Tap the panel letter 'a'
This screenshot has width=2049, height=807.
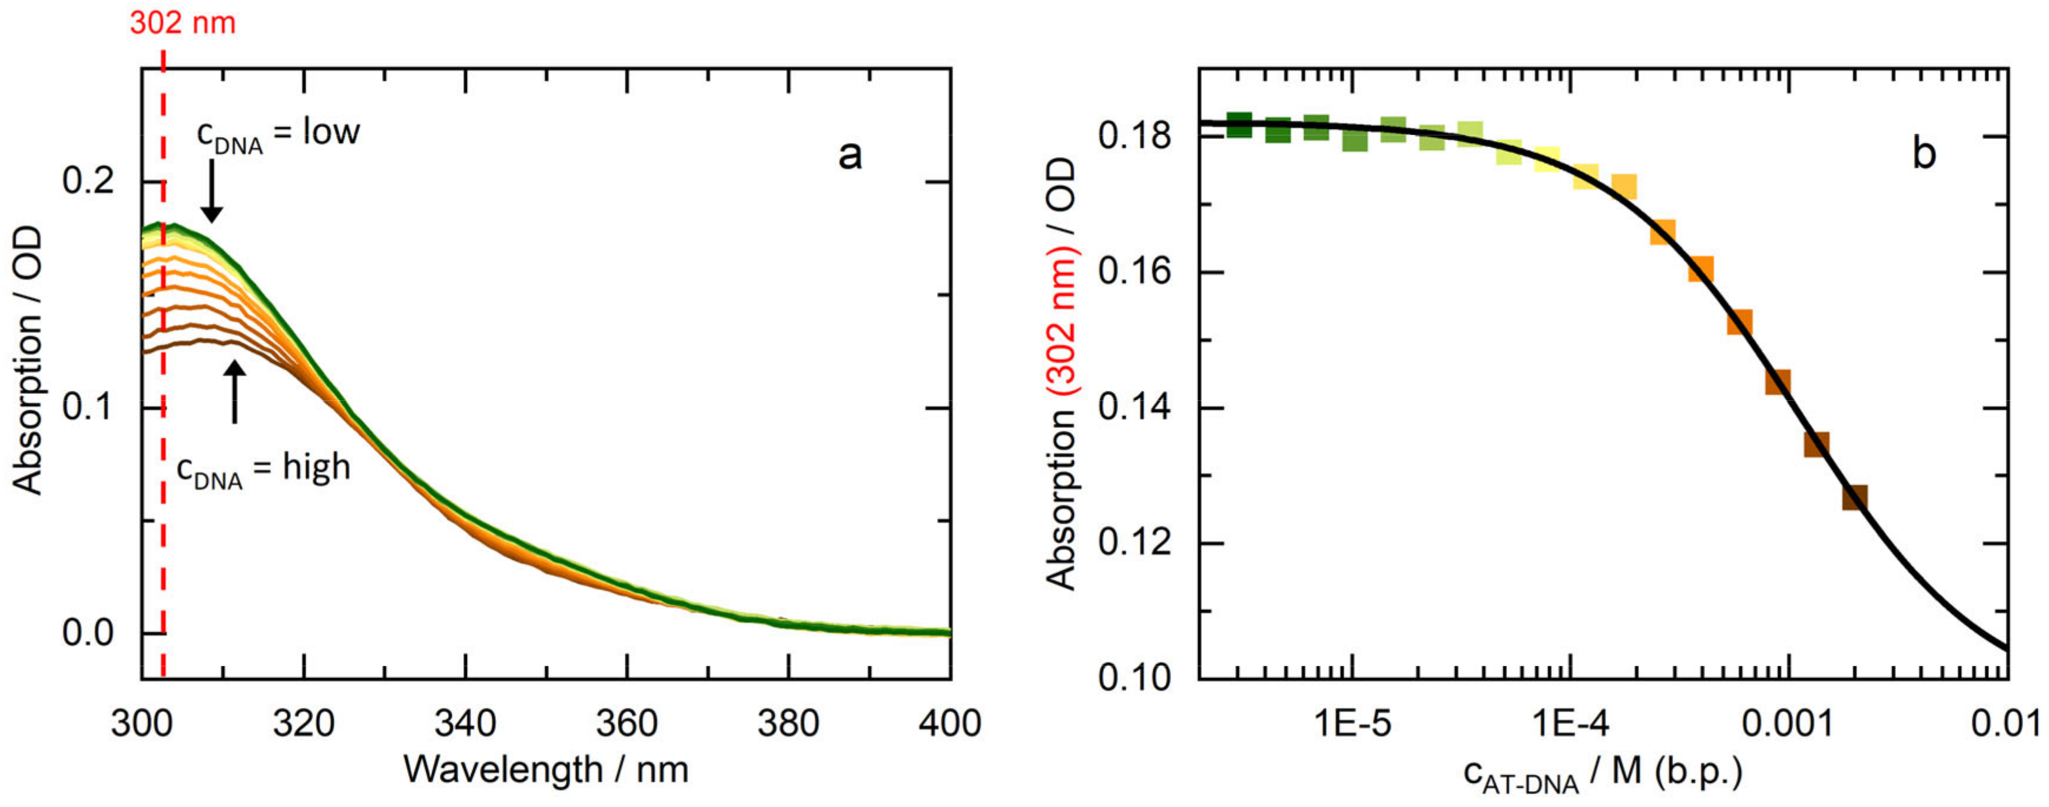(x=850, y=154)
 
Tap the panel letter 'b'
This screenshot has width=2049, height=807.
(x=1924, y=152)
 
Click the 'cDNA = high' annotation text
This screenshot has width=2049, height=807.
(x=263, y=469)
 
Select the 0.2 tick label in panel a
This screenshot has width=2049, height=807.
(x=88, y=182)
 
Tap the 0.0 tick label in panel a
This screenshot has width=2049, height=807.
(x=88, y=634)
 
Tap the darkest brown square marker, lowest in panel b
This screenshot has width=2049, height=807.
(x=1855, y=498)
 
